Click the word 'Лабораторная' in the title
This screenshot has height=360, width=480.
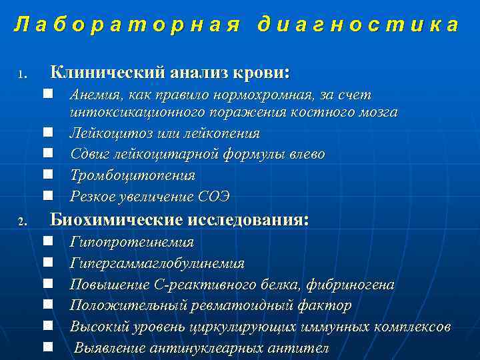(x=127, y=25)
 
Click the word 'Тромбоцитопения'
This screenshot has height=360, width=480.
(x=133, y=175)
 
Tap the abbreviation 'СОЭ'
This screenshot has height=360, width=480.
(x=214, y=196)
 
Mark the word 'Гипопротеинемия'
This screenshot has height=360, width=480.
(x=132, y=243)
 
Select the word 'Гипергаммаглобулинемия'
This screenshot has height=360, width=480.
(x=157, y=264)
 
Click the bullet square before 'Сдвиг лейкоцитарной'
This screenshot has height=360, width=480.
(x=48, y=154)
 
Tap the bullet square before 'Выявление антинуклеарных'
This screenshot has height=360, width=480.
(x=48, y=347)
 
